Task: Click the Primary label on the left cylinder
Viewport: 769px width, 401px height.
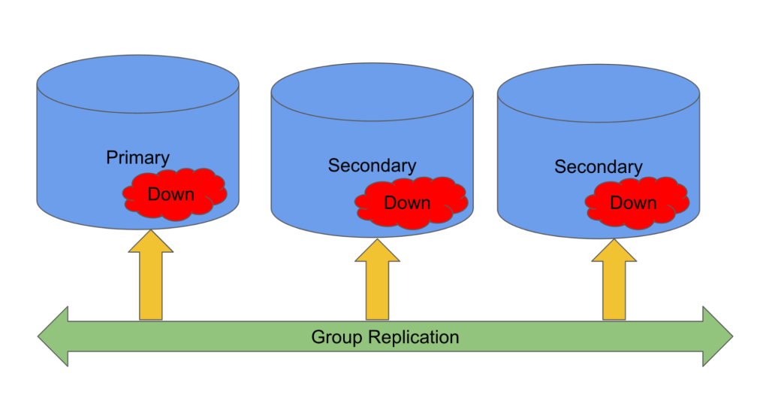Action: coord(137,158)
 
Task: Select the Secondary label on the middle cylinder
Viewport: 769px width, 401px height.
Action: coord(372,166)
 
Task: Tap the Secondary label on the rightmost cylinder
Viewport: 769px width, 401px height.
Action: coord(599,167)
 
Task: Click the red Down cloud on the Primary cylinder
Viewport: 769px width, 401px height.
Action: coord(173,195)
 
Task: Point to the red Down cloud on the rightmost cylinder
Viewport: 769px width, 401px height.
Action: coord(635,202)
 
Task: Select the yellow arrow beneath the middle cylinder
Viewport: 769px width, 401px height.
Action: coord(377,282)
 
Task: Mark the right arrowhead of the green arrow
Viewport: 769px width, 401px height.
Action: coord(716,336)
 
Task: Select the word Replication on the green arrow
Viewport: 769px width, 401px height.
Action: coord(413,337)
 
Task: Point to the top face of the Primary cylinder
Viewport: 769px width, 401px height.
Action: coord(137,82)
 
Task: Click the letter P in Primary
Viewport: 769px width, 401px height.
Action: coord(111,158)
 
